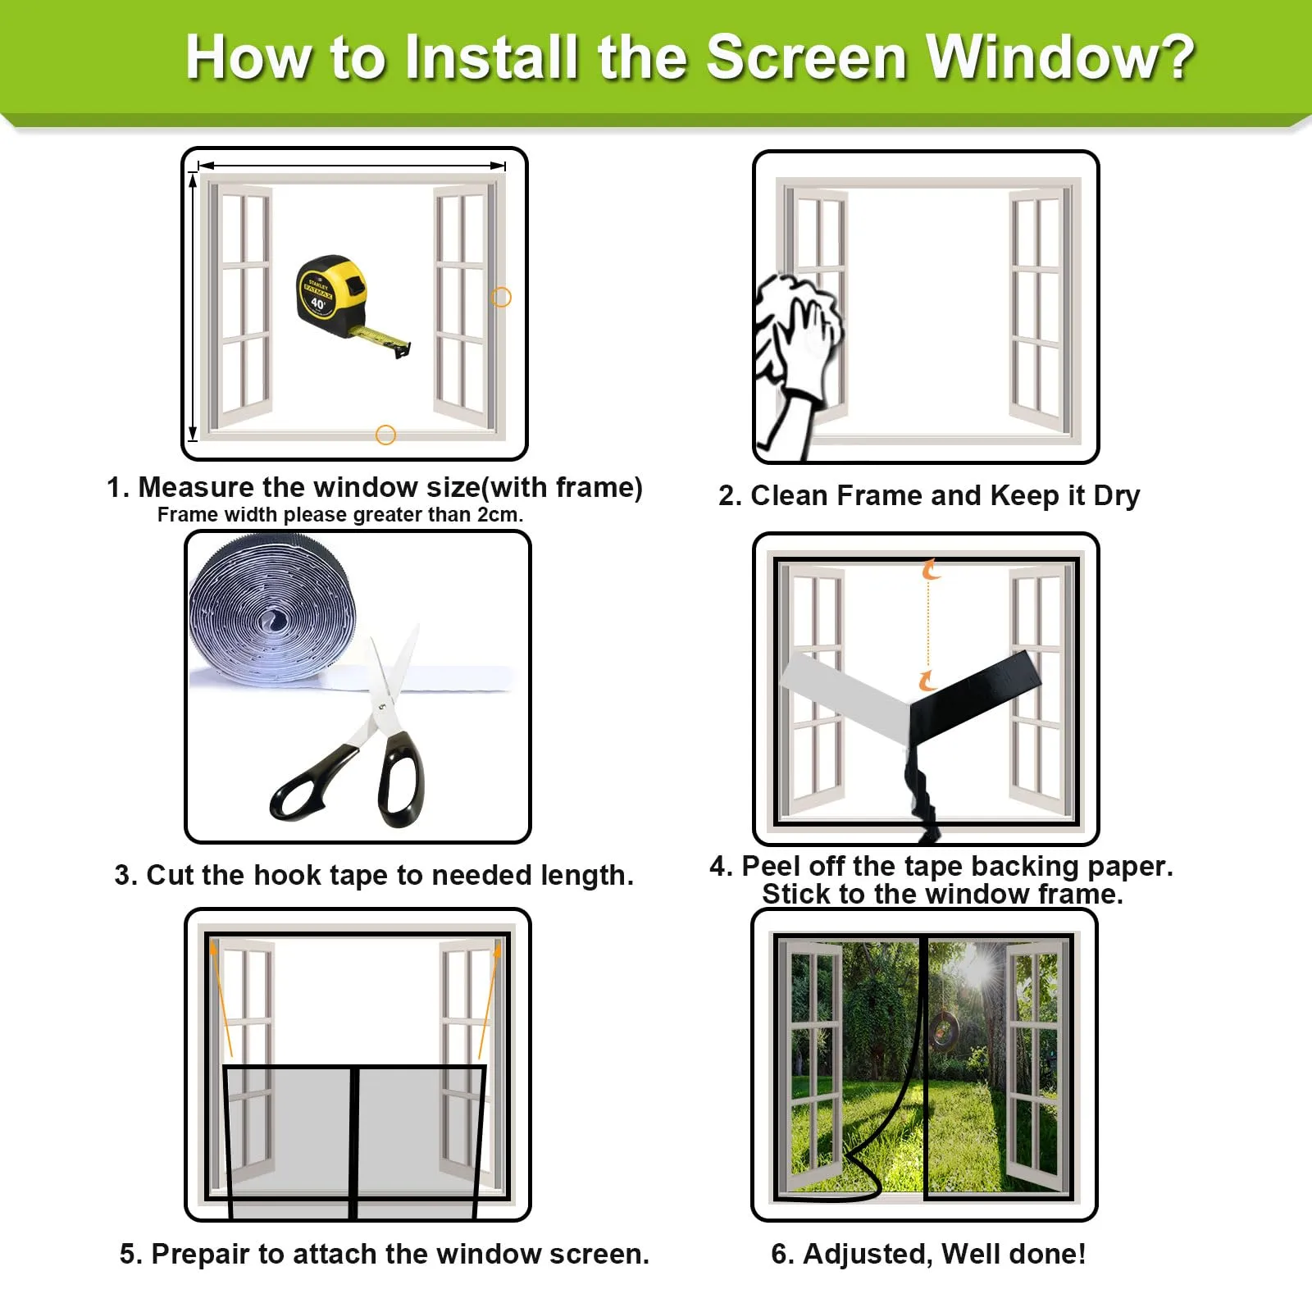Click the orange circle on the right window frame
click(501, 297)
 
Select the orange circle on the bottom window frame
click(385, 435)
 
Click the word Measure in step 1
click(197, 487)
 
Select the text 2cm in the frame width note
click(498, 515)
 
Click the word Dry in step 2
click(1117, 496)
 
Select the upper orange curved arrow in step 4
click(930, 569)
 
